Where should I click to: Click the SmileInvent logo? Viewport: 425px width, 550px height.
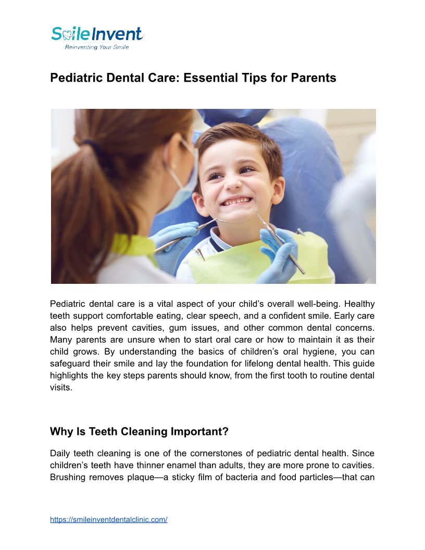(97, 34)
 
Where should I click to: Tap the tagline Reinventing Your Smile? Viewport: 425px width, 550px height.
(96, 47)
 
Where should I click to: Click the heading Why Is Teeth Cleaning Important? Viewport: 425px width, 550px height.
(139, 432)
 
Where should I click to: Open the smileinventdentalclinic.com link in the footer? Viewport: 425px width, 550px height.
(108, 520)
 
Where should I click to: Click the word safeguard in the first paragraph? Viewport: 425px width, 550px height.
(70, 364)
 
